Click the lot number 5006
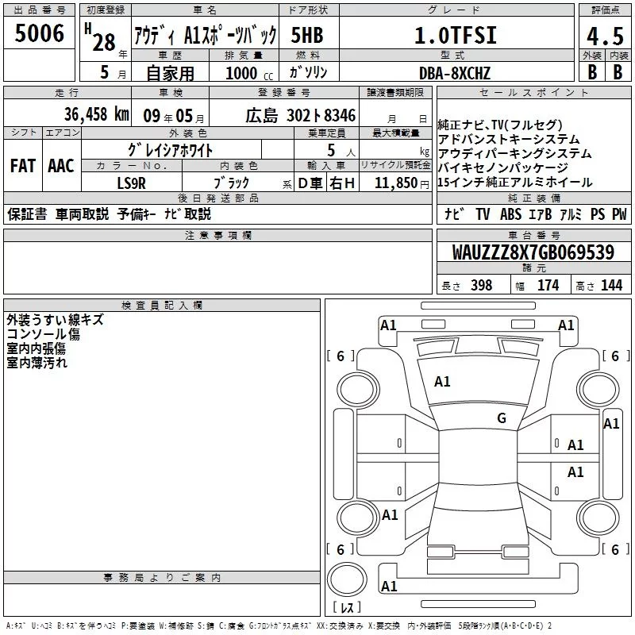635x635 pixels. [39, 33]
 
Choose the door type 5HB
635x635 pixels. [307, 35]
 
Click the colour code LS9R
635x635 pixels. [132, 182]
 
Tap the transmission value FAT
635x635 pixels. [22, 165]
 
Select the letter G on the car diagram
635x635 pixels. [501, 418]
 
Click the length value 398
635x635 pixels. [481, 285]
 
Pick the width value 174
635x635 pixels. [548, 285]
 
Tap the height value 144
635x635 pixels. [611, 285]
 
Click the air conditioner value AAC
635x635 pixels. [60, 165]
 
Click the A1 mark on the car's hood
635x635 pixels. [442, 382]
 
